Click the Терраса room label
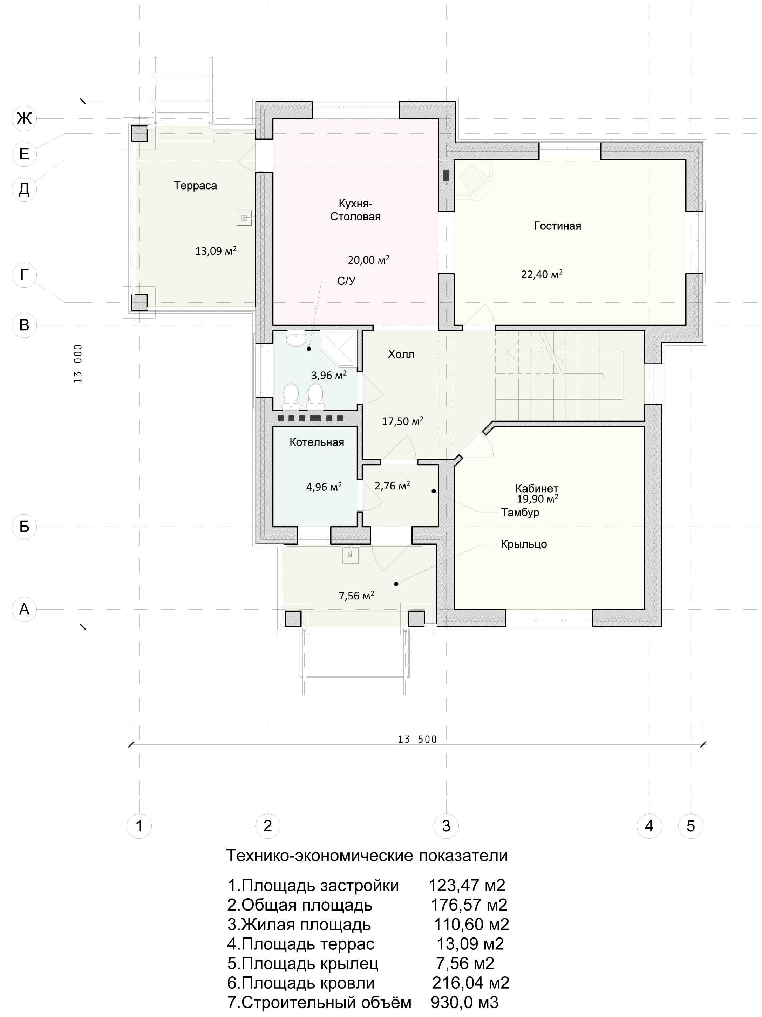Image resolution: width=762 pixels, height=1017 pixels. coord(195,185)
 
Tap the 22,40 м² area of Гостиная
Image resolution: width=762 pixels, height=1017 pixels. coord(542,274)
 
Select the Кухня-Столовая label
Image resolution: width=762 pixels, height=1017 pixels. coord(355,210)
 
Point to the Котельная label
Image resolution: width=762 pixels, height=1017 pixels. coord(317,442)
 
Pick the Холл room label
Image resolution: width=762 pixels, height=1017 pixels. coord(401,354)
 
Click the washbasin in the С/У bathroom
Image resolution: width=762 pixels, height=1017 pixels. coord(295,338)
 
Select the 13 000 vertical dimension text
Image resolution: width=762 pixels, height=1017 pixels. coord(78,364)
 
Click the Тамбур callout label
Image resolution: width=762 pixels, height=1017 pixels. coord(520,512)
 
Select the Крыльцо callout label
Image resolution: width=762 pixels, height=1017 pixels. coord(524,544)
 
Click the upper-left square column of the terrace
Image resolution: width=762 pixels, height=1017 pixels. coord(139,134)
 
